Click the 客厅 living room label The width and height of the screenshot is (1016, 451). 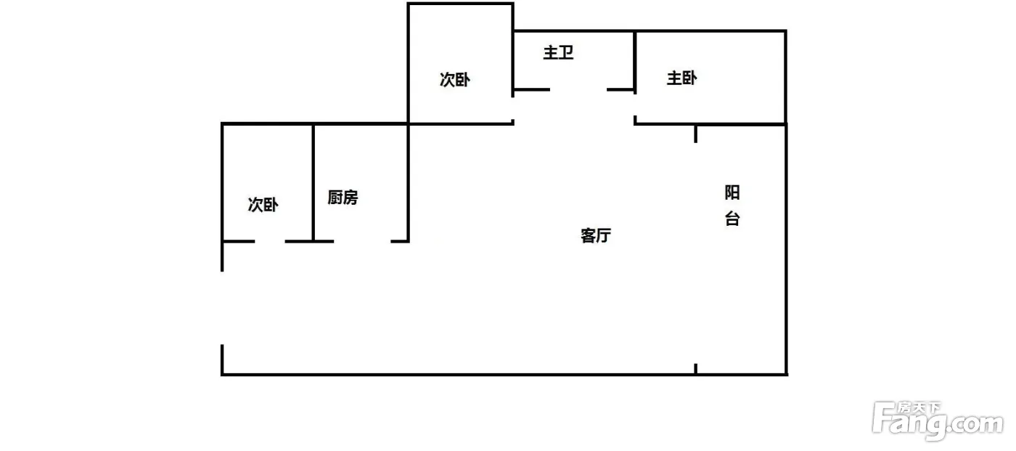pyautogui.click(x=596, y=235)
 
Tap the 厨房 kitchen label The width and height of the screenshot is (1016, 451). pyautogui.click(x=343, y=198)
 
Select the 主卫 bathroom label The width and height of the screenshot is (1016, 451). pyautogui.click(x=558, y=52)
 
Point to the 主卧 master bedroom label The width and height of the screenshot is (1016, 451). pyautogui.click(x=681, y=78)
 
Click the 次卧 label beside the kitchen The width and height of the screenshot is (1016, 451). pyautogui.click(x=263, y=205)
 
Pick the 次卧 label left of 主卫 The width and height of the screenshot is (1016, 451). pyautogui.click(x=454, y=80)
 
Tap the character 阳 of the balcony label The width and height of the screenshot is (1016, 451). pyautogui.click(x=732, y=192)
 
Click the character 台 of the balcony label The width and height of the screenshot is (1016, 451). pyautogui.click(x=732, y=219)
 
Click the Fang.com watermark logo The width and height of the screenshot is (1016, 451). pyautogui.click(x=938, y=421)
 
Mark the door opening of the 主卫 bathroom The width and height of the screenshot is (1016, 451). pyautogui.click(x=578, y=89)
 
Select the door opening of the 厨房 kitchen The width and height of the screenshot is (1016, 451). pyautogui.click(x=362, y=241)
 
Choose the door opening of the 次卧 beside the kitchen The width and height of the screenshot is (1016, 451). pyautogui.click(x=270, y=241)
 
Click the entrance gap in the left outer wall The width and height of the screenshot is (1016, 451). pyautogui.click(x=222, y=308)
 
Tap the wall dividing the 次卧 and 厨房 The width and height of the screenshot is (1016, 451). pyautogui.click(x=313, y=182)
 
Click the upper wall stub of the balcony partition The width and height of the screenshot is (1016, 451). pyautogui.click(x=696, y=134)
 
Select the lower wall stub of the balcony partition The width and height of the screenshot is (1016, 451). pyautogui.click(x=696, y=369)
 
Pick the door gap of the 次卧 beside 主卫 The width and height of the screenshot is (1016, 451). pyautogui.click(x=513, y=108)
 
